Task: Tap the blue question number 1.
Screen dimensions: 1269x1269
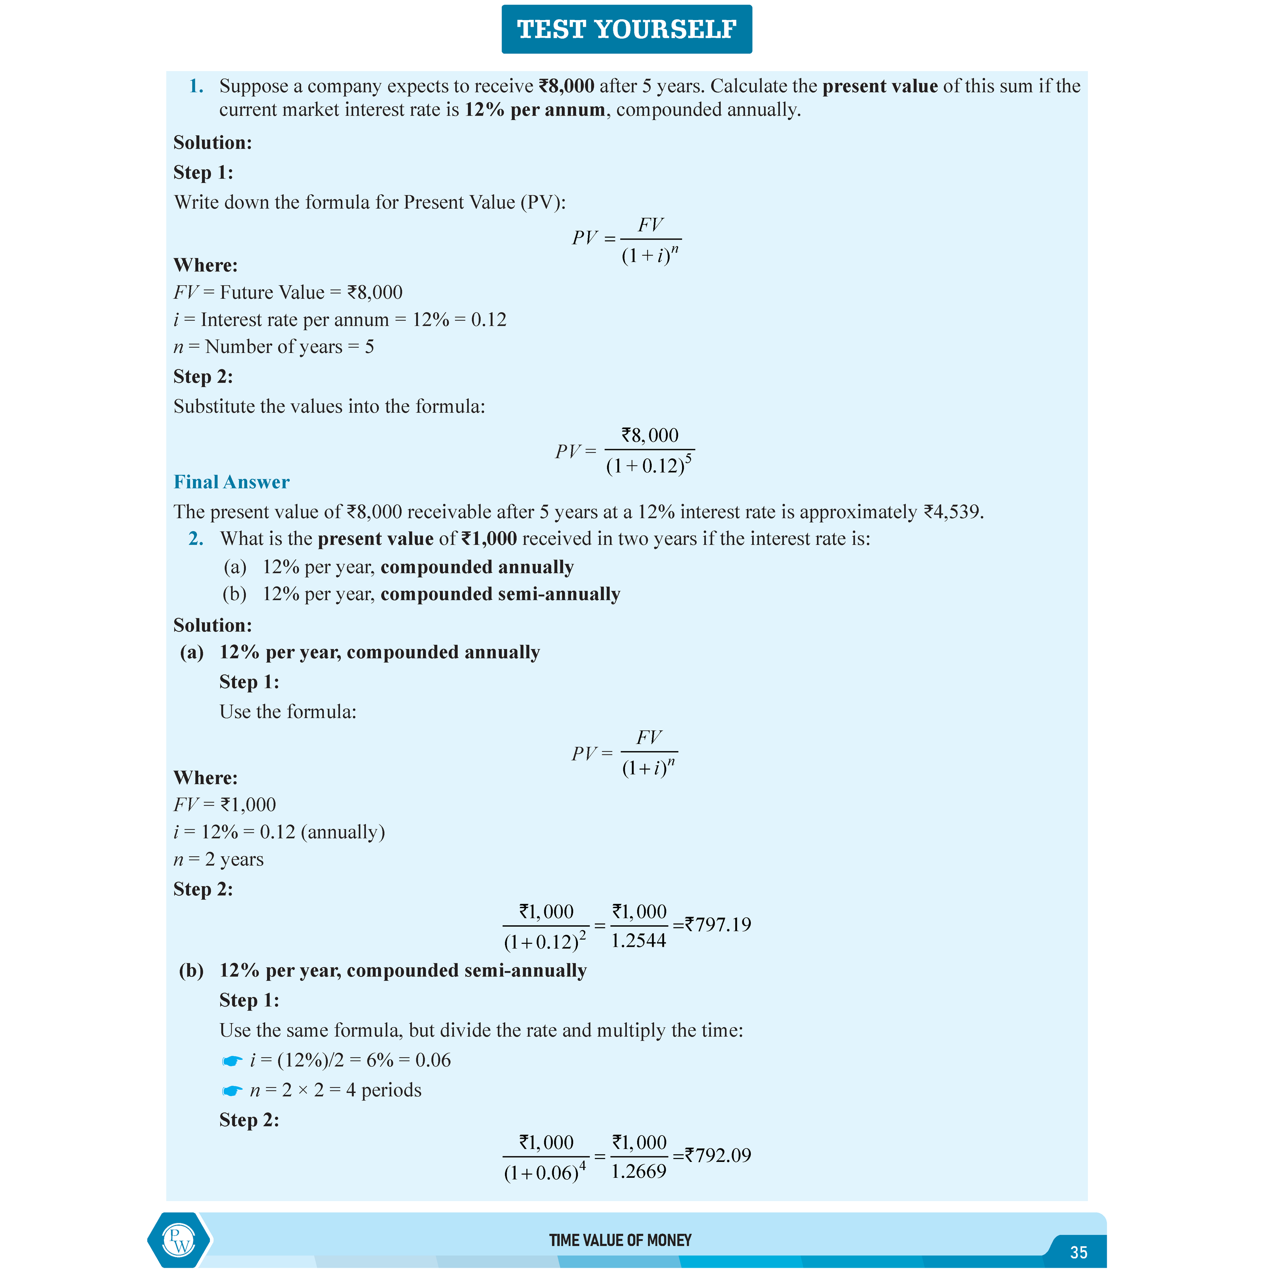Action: point(196,86)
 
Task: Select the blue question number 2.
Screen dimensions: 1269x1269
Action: point(196,539)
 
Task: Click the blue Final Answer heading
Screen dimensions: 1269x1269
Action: point(231,482)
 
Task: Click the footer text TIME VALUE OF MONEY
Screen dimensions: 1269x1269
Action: point(620,1240)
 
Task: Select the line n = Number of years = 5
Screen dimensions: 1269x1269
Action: point(273,347)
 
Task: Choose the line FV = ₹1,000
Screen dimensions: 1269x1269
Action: point(225,805)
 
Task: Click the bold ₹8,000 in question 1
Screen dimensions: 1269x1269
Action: point(566,86)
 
